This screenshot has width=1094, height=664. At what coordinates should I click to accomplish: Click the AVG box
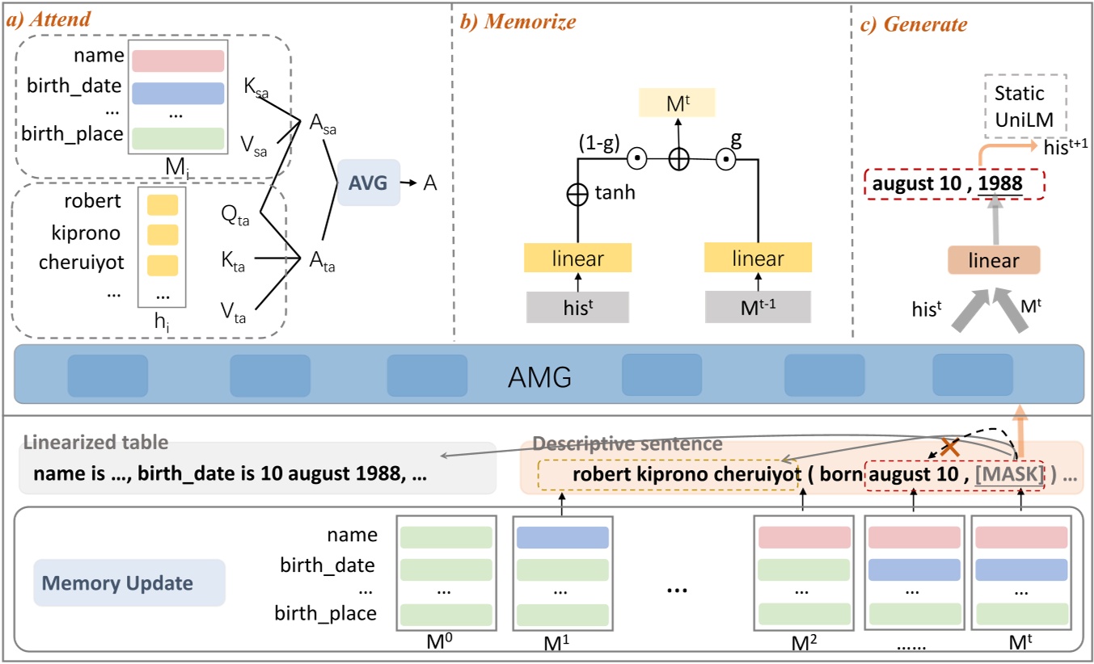click(368, 183)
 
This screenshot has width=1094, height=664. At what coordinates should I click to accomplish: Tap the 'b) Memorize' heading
click(517, 23)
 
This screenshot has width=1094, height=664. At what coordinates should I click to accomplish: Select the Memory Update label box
click(129, 583)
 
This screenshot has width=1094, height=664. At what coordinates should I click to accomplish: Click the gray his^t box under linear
click(577, 306)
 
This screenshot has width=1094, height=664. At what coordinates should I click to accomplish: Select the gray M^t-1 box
click(758, 306)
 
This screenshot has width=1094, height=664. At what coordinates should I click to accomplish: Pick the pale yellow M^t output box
click(678, 103)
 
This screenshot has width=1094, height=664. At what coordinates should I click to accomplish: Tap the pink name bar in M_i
click(177, 61)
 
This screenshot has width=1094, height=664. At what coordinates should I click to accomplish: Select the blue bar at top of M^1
click(562, 538)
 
